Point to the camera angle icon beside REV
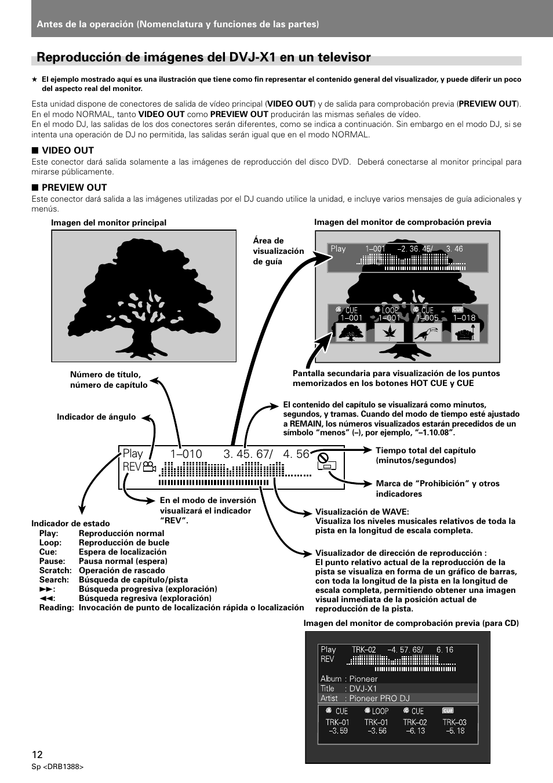(x=150, y=466)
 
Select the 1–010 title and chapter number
(x=186, y=454)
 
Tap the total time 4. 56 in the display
(x=296, y=454)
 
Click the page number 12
(x=37, y=755)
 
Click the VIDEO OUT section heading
(x=68, y=150)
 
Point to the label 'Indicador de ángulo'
(x=96, y=417)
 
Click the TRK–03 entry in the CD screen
(x=454, y=722)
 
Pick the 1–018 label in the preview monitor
(x=464, y=318)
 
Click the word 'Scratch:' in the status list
(x=55, y=570)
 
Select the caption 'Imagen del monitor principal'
(x=108, y=223)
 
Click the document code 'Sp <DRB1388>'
(x=58, y=767)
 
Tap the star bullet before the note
(x=35, y=79)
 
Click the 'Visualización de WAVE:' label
(x=362, y=512)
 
